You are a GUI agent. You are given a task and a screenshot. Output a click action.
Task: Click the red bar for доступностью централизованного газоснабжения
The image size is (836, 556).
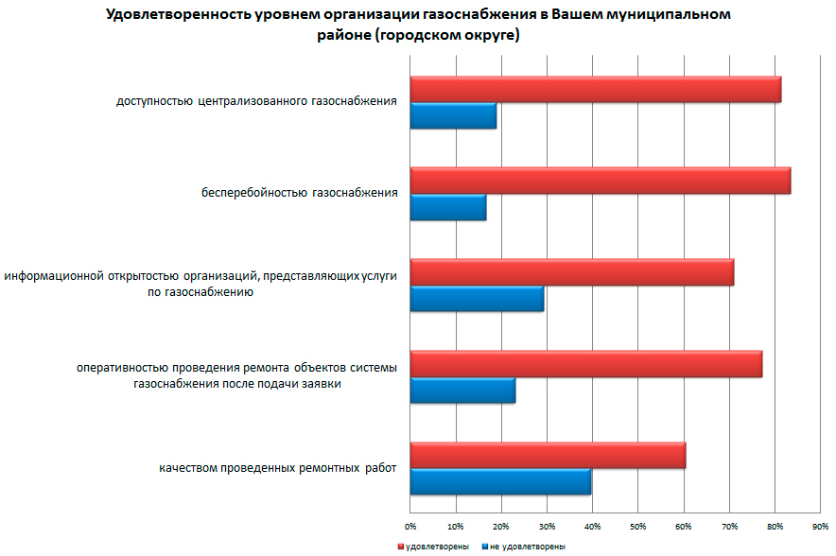(596, 89)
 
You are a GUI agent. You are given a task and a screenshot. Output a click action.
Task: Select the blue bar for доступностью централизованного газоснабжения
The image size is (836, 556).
(454, 115)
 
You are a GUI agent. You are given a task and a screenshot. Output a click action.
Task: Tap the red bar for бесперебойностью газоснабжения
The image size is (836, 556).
(601, 181)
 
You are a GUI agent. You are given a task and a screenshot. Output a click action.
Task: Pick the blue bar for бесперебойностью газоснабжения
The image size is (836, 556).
(448, 207)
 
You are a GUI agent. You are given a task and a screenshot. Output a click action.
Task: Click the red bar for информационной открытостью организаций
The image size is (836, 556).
(572, 272)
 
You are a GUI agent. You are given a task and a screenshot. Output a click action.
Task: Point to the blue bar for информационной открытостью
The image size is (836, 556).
(478, 299)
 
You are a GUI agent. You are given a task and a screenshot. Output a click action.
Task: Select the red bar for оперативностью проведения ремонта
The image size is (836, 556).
(586, 364)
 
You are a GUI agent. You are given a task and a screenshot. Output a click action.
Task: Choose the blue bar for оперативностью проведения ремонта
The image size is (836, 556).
(463, 391)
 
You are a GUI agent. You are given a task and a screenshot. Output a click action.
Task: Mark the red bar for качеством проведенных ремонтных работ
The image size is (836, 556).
(549, 456)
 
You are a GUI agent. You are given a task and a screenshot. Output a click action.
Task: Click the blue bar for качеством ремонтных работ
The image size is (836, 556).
(501, 481)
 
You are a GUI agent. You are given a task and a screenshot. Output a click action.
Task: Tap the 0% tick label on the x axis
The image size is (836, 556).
(410, 525)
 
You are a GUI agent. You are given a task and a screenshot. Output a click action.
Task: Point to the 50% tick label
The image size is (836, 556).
(637, 525)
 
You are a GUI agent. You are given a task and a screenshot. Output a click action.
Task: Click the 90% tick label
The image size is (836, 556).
(820, 525)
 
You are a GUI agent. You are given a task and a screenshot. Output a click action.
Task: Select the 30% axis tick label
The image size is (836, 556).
(547, 525)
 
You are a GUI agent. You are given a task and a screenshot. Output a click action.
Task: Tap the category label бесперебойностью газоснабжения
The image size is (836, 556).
(299, 194)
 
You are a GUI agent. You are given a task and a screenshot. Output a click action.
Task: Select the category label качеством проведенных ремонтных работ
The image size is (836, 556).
(277, 468)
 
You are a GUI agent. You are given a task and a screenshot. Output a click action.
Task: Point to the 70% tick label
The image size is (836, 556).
(729, 525)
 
